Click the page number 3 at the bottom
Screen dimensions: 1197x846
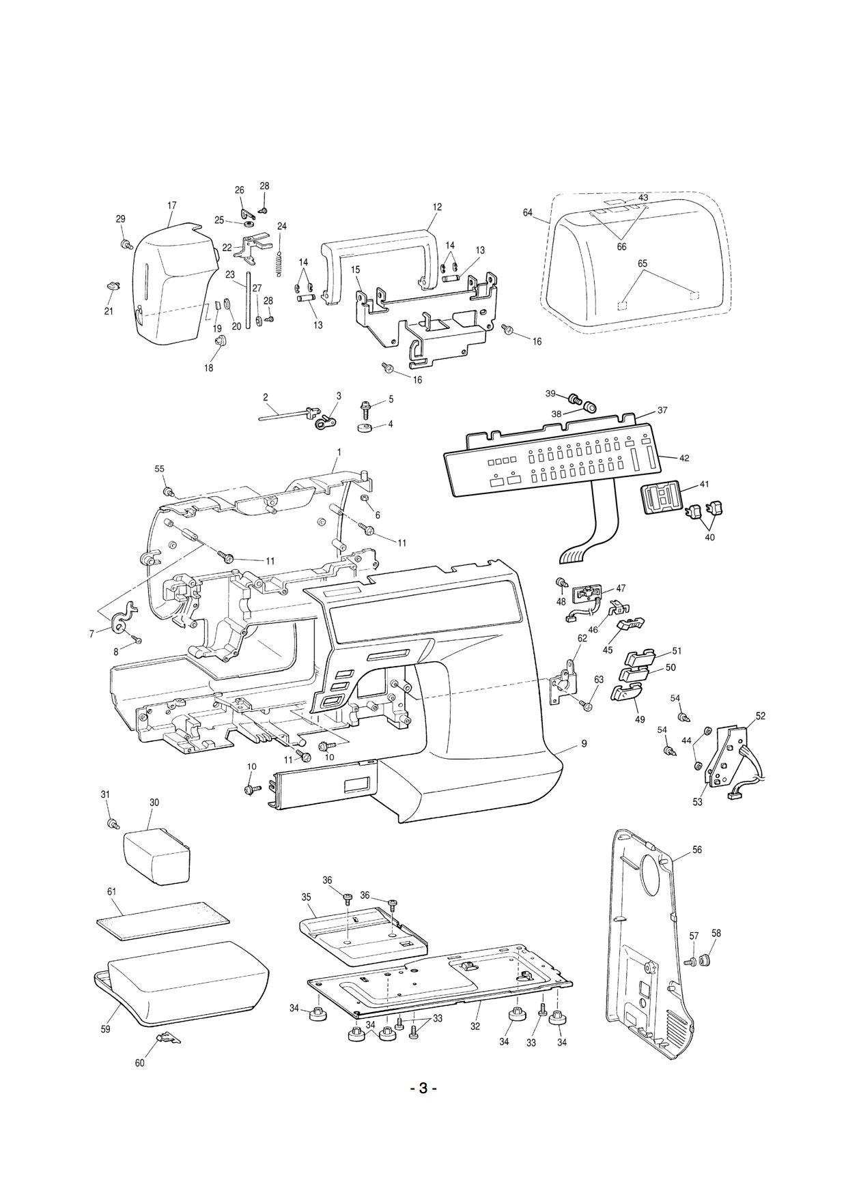423,1107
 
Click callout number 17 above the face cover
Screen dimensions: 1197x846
171,205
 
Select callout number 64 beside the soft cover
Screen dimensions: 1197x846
527,213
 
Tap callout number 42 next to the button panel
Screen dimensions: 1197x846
684,458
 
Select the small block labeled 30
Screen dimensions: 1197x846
156,856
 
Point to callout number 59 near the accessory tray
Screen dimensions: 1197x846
106,1029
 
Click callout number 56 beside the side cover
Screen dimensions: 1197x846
696,850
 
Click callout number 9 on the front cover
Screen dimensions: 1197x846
584,744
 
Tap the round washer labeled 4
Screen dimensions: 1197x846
363,427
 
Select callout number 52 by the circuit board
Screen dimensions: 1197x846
761,716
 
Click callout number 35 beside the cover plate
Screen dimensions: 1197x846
306,897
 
